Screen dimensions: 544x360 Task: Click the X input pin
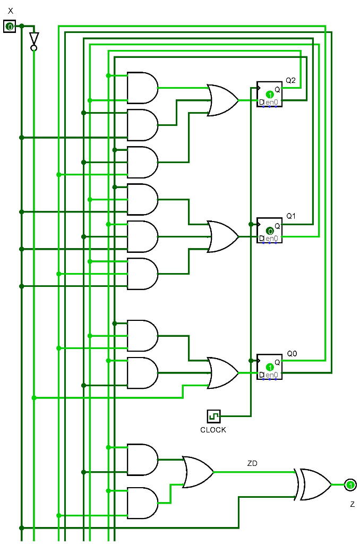(10, 26)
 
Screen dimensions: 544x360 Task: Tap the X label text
(11, 11)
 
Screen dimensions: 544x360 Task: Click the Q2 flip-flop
(269, 94)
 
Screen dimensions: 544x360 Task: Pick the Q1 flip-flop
(269, 230)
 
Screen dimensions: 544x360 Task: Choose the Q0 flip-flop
(269, 366)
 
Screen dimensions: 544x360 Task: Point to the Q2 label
(290, 80)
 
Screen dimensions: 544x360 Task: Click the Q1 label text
(291, 216)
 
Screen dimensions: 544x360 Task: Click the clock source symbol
(213, 416)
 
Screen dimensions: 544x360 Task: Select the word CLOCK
(213, 430)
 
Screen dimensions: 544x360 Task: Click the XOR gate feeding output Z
(314, 484)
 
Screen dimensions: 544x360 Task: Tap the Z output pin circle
(350, 484)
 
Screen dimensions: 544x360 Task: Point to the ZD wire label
(252, 464)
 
